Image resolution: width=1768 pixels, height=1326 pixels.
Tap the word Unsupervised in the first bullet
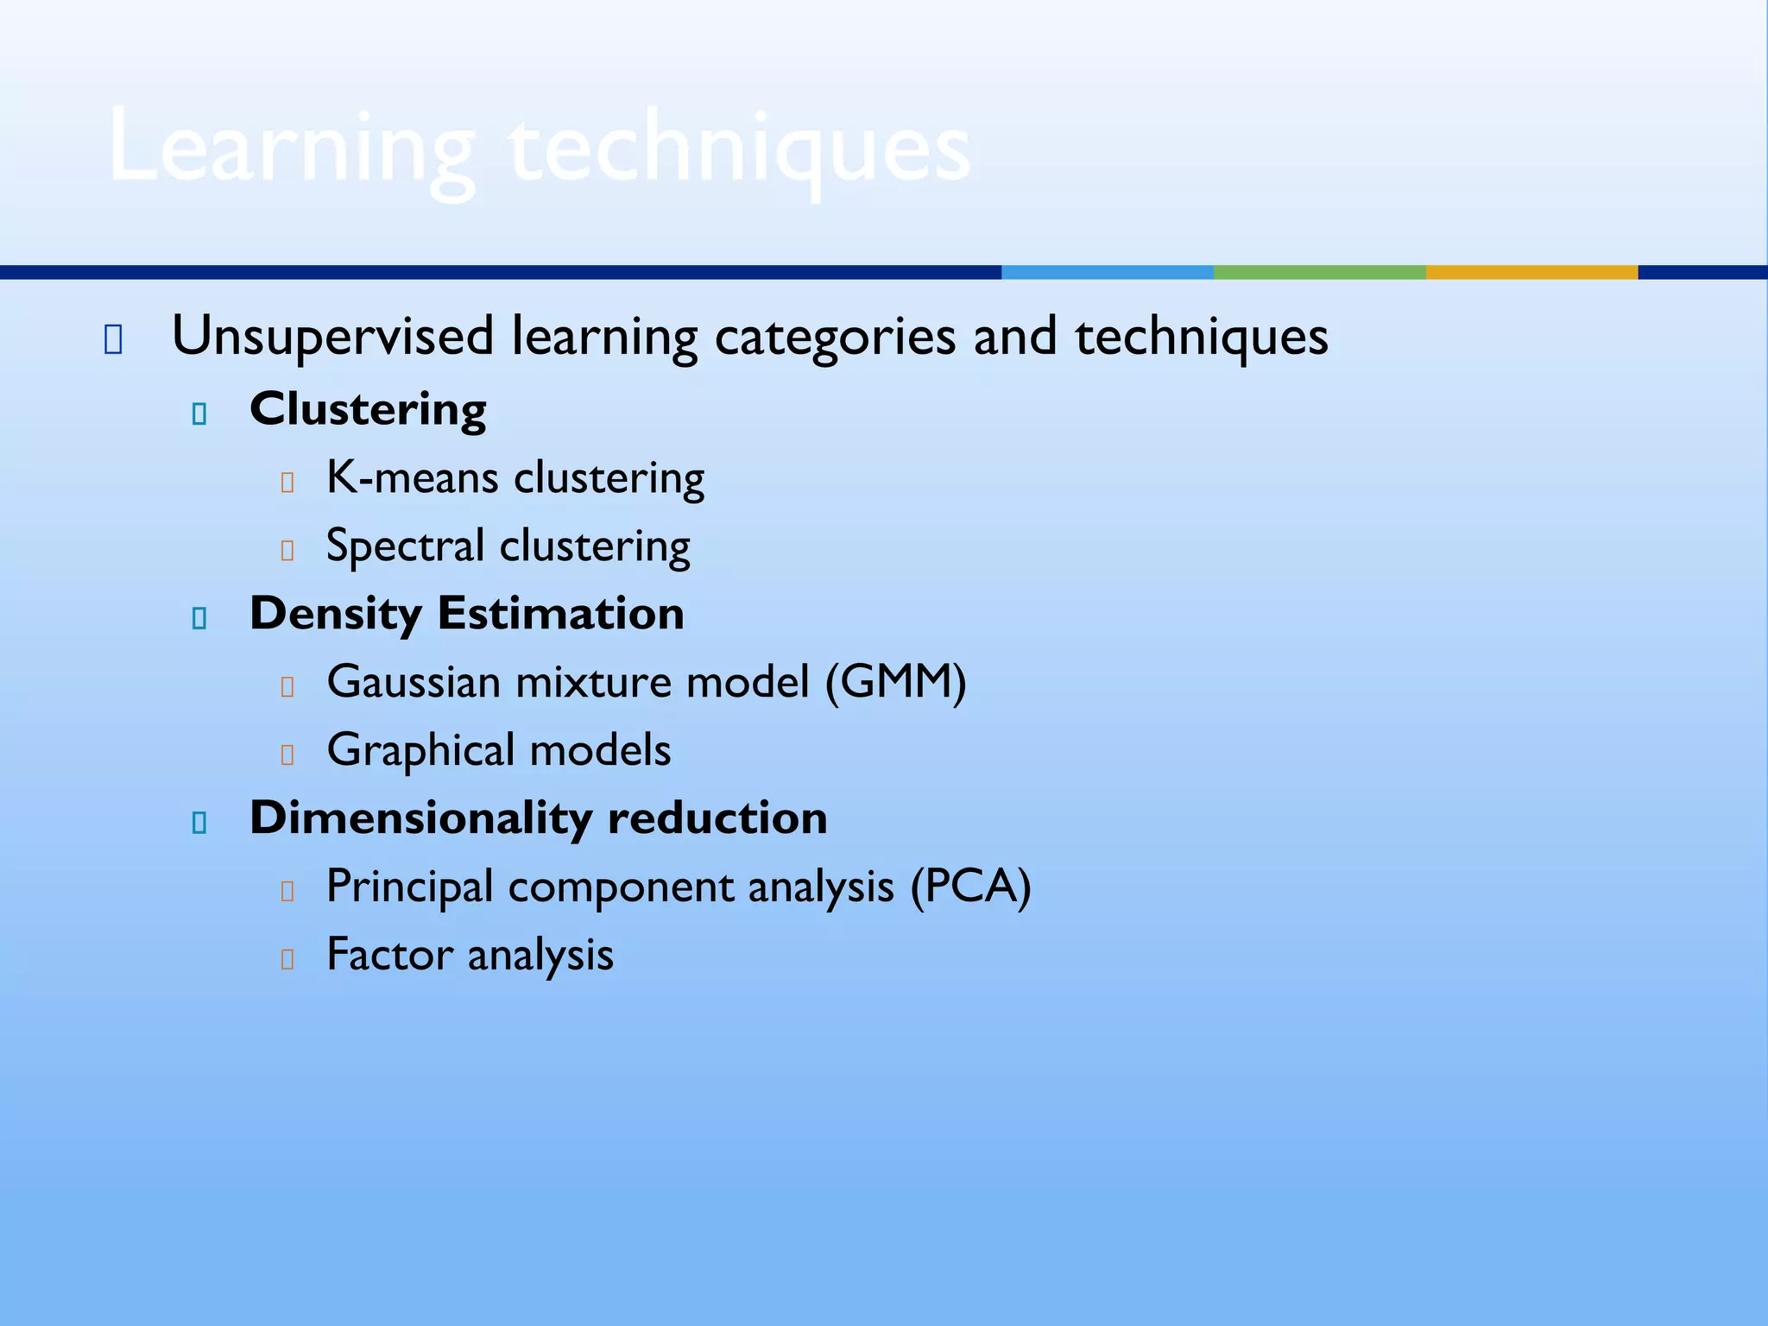click(332, 336)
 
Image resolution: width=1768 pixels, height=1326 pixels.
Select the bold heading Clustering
click(368, 409)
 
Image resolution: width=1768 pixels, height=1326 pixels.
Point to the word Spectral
click(404, 546)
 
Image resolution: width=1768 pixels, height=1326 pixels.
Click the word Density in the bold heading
click(335, 614)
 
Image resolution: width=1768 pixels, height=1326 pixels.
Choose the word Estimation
click(561, 614)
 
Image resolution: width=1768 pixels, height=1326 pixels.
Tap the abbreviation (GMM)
click(895, 682)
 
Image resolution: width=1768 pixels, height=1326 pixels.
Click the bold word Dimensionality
click(420, 818)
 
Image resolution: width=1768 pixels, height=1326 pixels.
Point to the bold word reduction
click(717, 818)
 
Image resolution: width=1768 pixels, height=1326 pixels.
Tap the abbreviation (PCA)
click(970, 887)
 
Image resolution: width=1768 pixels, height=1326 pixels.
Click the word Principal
click(409, 887)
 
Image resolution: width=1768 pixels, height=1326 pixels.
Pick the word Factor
click(389, 955)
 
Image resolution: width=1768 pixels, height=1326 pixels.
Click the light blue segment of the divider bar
click(1107, 272)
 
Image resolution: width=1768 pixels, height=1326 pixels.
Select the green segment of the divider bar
click(1319, 272)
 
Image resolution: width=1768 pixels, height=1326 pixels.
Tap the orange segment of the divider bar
click(1531, 272)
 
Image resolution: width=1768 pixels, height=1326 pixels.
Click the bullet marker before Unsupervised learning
click(113, 340)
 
